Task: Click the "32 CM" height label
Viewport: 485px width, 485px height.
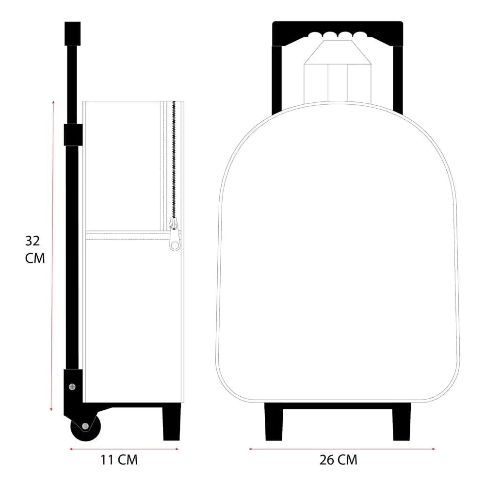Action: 35,249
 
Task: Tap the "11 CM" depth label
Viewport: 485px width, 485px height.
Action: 119,459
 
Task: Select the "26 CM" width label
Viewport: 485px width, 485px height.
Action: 339,459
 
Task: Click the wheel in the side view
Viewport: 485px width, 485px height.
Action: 85,426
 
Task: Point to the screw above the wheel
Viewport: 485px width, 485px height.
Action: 72,386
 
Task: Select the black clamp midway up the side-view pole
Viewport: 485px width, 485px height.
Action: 73,134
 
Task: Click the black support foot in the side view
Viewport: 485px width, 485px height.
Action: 171,422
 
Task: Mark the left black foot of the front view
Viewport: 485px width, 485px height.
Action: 274,422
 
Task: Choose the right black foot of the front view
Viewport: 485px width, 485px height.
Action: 401,422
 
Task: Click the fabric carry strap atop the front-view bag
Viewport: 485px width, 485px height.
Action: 337,78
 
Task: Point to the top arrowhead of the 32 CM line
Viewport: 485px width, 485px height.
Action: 52,102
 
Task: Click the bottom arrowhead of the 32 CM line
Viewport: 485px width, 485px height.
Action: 51,410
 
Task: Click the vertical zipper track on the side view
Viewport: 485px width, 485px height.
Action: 174,160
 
